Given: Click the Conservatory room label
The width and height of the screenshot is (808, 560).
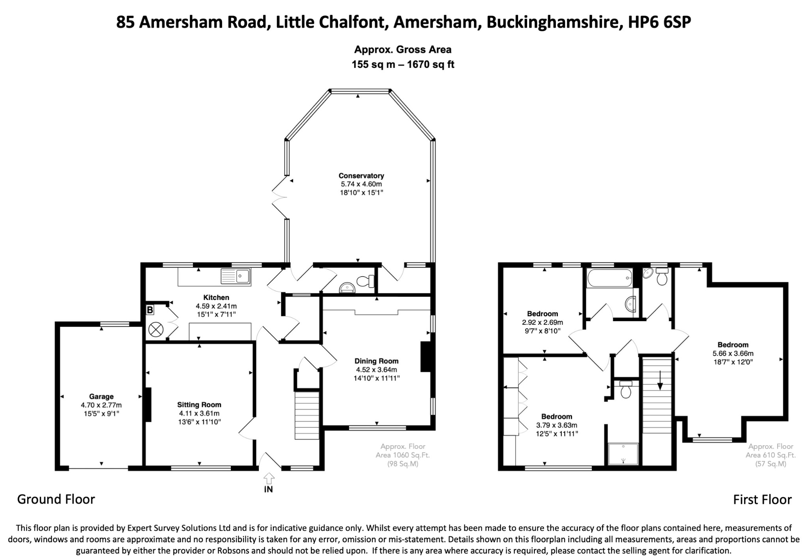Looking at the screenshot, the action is point(361,176).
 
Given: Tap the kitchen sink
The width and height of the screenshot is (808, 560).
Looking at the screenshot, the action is point(236,276).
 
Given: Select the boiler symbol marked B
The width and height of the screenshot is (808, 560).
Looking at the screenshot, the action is point(150,310).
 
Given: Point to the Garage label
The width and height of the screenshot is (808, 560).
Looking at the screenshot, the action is point(101,397).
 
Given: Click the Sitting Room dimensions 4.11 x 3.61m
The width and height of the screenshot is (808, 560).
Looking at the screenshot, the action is point(199,413).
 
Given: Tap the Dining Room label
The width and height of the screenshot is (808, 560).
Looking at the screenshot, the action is point(376,361).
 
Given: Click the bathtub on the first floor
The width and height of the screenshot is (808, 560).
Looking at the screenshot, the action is point(610,278).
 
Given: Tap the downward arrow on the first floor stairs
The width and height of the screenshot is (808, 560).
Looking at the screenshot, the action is point(659,380).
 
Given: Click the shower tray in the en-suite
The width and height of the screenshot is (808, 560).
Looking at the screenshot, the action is point(623,454).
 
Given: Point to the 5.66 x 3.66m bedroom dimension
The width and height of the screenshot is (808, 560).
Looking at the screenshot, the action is point(733,353).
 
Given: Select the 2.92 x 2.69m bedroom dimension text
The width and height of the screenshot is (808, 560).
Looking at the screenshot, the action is point(542,322).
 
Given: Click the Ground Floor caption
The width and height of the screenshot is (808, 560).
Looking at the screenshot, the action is point(56,499).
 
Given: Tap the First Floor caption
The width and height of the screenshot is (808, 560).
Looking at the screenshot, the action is point(762,500).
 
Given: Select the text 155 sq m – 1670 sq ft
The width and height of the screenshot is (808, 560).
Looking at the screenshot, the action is point(403,64).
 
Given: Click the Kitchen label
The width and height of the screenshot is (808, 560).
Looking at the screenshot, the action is point(216,298).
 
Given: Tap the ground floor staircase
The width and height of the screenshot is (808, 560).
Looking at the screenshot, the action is point(307,415).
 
